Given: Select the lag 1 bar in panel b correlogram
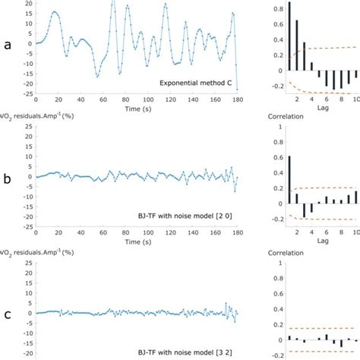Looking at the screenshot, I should click(x=289, y=179).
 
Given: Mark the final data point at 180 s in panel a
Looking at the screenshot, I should click(x=237, y=90).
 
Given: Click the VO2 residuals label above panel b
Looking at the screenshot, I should click(x=39, y=119).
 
